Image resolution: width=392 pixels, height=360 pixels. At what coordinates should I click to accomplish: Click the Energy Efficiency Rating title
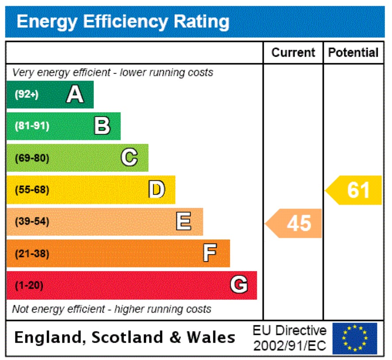[x=123, y=21]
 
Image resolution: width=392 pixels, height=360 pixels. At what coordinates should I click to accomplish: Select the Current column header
[x=293, y=53]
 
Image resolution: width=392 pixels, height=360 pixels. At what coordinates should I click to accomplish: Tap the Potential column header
[x=353, y=53]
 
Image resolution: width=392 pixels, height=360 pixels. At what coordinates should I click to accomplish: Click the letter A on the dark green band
[x=75, y=94]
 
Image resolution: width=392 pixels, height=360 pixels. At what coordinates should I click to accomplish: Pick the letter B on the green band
[x=102, y=126]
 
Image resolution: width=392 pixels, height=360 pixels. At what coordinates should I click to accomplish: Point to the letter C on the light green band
[x=129, y=158]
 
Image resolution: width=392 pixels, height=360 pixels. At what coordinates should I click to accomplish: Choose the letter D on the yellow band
[x=156, y=190]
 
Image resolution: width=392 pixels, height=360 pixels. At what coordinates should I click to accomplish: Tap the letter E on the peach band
[x=184, y=221]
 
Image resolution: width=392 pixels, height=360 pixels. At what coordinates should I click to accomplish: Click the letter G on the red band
[x=238, y=285]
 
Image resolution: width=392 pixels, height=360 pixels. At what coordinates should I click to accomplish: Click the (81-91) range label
[x=32, y=126]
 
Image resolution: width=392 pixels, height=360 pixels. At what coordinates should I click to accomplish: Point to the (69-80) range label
[x=32, y=158]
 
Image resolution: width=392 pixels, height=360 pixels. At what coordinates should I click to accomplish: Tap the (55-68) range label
[x=32, y=190]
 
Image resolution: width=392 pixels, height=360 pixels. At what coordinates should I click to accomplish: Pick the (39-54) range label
[x=32, y=221]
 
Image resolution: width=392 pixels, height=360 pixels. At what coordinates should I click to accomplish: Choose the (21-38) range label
[x=32, y=254]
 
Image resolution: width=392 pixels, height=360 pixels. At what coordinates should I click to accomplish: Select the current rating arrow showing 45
[x=294, y=223]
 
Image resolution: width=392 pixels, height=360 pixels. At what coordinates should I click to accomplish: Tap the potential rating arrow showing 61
[x=354, y=190]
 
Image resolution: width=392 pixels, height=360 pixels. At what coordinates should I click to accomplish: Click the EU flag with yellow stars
[x=354, y=338]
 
